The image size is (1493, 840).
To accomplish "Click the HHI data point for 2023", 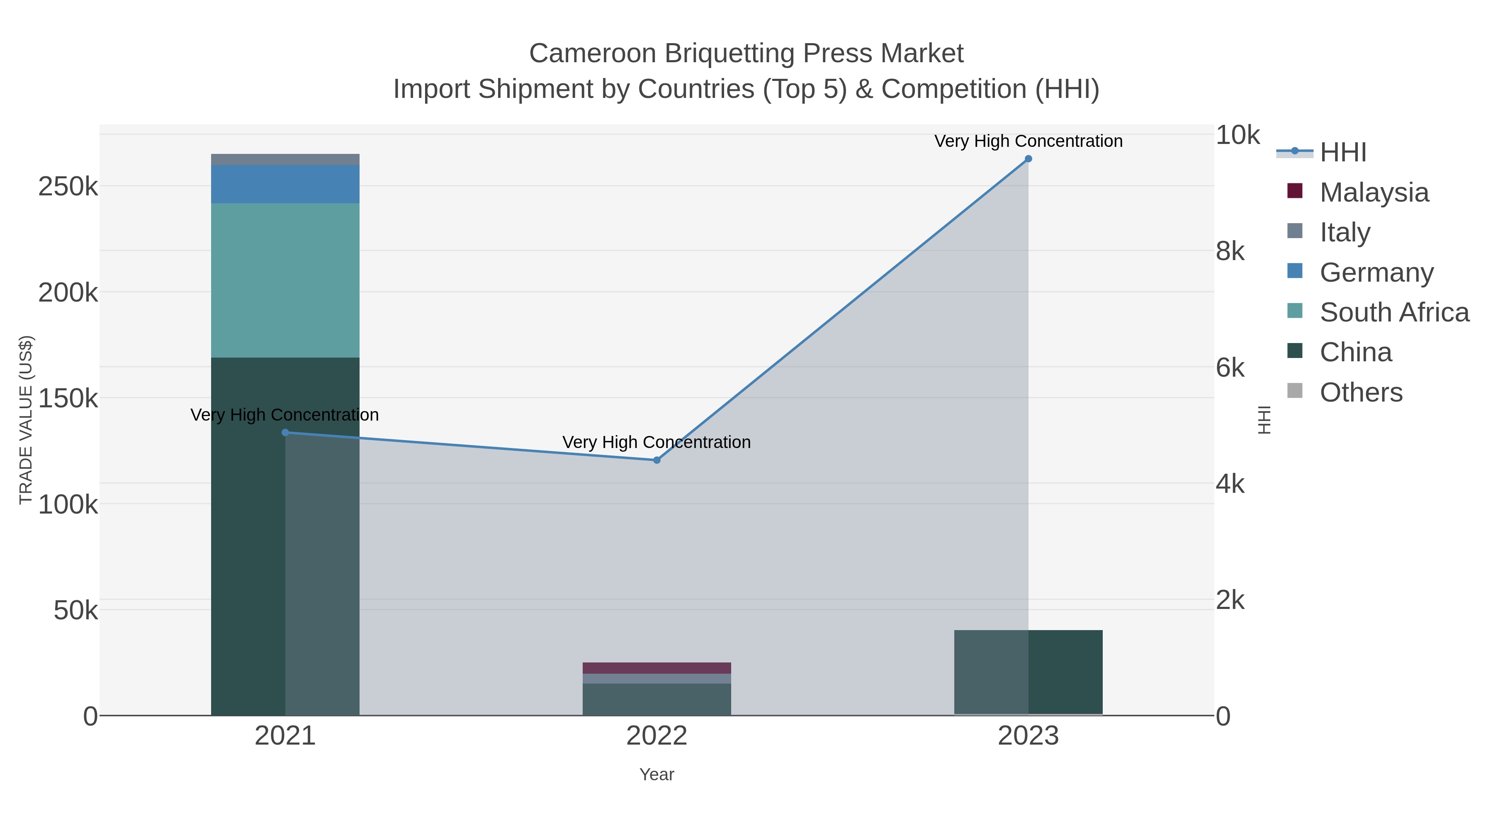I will click(x=1028, y=159).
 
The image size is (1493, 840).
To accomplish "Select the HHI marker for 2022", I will click(x=657, y=460).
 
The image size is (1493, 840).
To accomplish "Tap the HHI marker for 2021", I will click(x=285, y=433).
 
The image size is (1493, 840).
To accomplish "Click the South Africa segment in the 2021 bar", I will click(x=285, y=280).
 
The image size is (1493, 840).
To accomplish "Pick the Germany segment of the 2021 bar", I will click(x=285, y=184).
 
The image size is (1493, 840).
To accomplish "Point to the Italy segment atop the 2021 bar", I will click(x=285, y=159).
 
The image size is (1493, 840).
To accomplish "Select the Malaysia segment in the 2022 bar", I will click(x=657, y=668).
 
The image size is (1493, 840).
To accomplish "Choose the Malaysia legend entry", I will click(x=1374, y=192).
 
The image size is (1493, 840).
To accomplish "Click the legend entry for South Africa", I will click(x=1394, y=312).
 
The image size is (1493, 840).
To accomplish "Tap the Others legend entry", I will click(x=1361, y=392).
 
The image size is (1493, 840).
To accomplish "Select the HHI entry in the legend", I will click(x=1343, y=153).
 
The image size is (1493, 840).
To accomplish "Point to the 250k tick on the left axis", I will click(x=68, y=187).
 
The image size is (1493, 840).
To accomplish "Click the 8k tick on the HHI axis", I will click(x=1230, y=252).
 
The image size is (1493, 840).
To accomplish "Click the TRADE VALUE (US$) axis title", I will click(x=26, y=420).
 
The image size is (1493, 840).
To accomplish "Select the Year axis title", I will click(x=657, y=774).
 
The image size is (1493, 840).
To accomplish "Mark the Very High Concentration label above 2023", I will click(x=1028, y=141).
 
